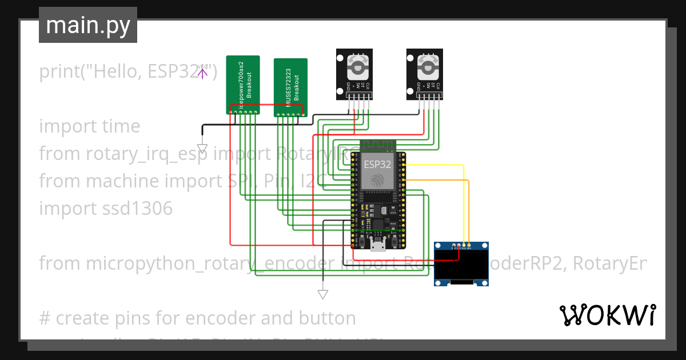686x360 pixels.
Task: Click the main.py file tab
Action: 87,26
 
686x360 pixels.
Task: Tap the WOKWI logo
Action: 607,315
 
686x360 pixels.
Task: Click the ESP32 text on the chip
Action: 377,164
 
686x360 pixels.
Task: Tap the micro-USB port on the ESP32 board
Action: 377,246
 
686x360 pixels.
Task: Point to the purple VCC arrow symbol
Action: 202,73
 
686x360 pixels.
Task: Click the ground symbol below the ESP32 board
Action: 323,294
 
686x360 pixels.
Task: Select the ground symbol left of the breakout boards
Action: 202,148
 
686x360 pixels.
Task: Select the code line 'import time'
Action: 90,126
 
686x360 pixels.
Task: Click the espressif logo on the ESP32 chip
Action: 377,181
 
